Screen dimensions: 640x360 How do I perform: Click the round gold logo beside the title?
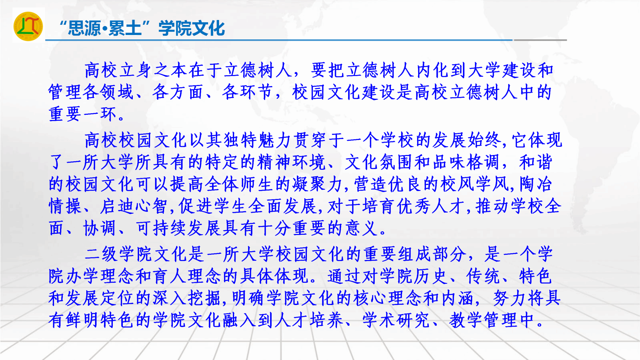tap(28, 26)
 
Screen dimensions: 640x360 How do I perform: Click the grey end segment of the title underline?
tap(540, 40)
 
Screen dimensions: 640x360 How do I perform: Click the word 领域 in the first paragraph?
tap(117, 92)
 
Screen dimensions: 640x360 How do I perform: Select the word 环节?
tap(256, 92)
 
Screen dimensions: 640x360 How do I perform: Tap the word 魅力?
tap(275, 140)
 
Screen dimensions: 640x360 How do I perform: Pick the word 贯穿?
tap(310, 140)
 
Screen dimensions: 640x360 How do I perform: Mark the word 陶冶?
tap(536, 184)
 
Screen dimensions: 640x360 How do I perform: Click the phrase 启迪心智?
tap(134, 206)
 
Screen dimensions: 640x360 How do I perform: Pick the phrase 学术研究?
tap(396, 320)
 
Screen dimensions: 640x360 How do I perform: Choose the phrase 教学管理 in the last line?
tap(483, 320)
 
